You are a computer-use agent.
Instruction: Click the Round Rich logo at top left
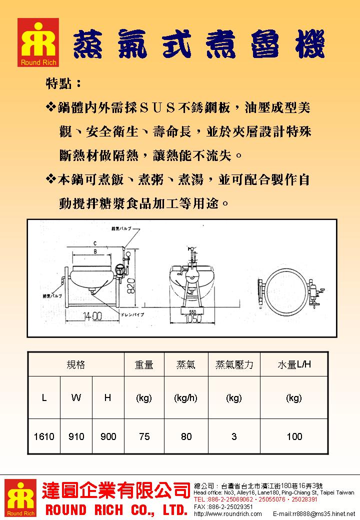38,43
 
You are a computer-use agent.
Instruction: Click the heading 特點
63,83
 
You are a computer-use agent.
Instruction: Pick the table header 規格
75,364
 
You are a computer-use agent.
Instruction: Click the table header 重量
144,364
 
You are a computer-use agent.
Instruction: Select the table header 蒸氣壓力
234,364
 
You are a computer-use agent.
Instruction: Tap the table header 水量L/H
294,364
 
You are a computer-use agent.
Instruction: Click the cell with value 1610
44,436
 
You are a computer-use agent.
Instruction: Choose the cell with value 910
76,436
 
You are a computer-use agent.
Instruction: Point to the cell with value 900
108,436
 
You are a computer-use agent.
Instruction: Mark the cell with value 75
144,436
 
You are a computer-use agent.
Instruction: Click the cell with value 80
186,436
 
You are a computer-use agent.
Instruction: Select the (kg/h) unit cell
186,398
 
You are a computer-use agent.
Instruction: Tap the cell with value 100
294,436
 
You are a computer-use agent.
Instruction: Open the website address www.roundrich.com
227,514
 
